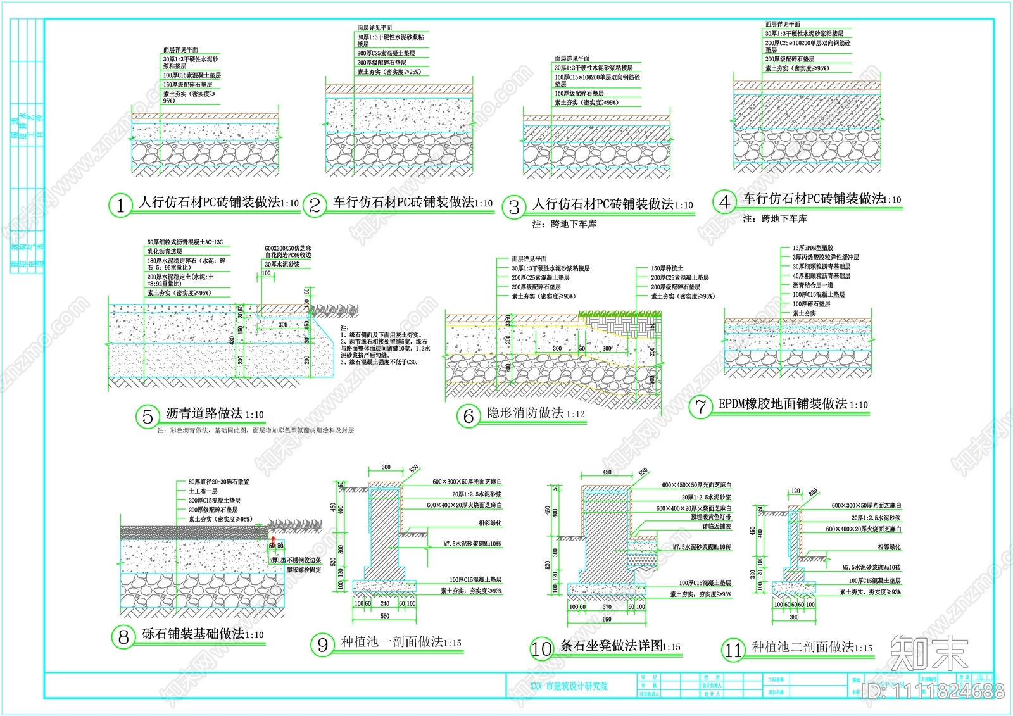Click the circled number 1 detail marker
(120, 205)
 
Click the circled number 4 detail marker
(724, 202)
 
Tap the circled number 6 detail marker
(469, 416)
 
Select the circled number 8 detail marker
(123, 637)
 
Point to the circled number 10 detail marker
(541, 649)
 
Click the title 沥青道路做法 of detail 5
(204, 414)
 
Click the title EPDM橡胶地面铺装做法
(783, 404)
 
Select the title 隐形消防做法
(525, 413)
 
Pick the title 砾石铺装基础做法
(193, 634)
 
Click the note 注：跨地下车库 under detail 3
(564, 224)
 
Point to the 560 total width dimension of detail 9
(385, 616)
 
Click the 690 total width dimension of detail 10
(607, 619)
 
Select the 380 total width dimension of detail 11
(794, 617)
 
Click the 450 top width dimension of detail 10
(607, 472)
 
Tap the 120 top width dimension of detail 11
(795, 491)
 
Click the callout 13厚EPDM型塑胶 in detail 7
(813, 248)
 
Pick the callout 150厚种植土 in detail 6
(667, 268)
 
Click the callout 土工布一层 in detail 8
(203, 491)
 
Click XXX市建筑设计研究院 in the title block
(569, 686)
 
